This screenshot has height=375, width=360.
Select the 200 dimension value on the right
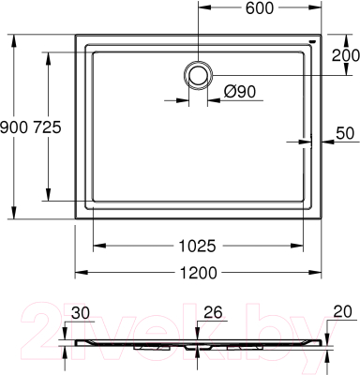tap(343, 53)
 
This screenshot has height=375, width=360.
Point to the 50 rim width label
tap(343, 134)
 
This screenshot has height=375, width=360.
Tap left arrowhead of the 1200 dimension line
tap(79, 272)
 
